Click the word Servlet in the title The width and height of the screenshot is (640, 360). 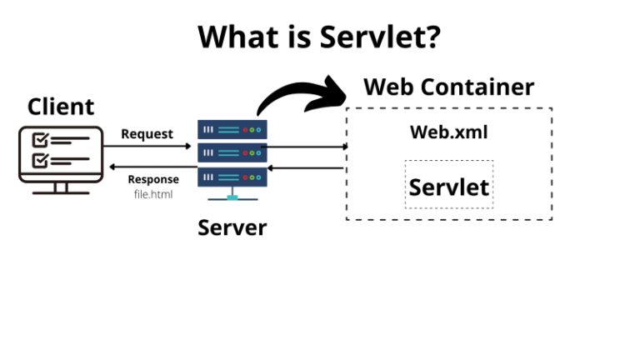click(378, 37)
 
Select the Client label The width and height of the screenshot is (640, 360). click(61, 107)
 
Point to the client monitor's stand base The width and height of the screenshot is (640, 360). click(61, 191)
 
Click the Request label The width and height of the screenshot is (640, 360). click(147, 133)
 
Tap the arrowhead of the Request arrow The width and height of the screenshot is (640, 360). click(188, 147)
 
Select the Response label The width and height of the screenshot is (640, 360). click(152, 179)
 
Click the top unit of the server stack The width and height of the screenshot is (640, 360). click(232, 130)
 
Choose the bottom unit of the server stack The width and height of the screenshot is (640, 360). click(232, 177)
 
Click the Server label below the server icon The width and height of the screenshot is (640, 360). click(232, 227)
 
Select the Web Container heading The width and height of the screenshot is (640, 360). click(449, 87)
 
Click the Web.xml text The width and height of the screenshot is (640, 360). click(448, 132)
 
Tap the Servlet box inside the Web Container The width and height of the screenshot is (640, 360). click(448, 185)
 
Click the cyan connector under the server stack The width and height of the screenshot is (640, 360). click(232, 197)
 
